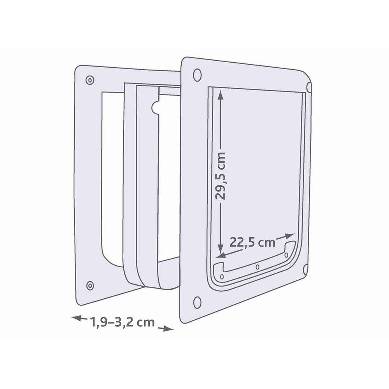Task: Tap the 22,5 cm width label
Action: (x=252, y=242)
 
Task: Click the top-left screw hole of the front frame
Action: (x=197, y=74)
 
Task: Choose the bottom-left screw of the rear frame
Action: (x=90, y=285)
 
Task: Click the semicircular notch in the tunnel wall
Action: (x=155, y=107)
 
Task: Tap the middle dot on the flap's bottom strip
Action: (x=257, y=267)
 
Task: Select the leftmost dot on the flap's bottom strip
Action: (x=222, y=277)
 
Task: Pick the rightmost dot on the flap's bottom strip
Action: (x=286, y=255)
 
